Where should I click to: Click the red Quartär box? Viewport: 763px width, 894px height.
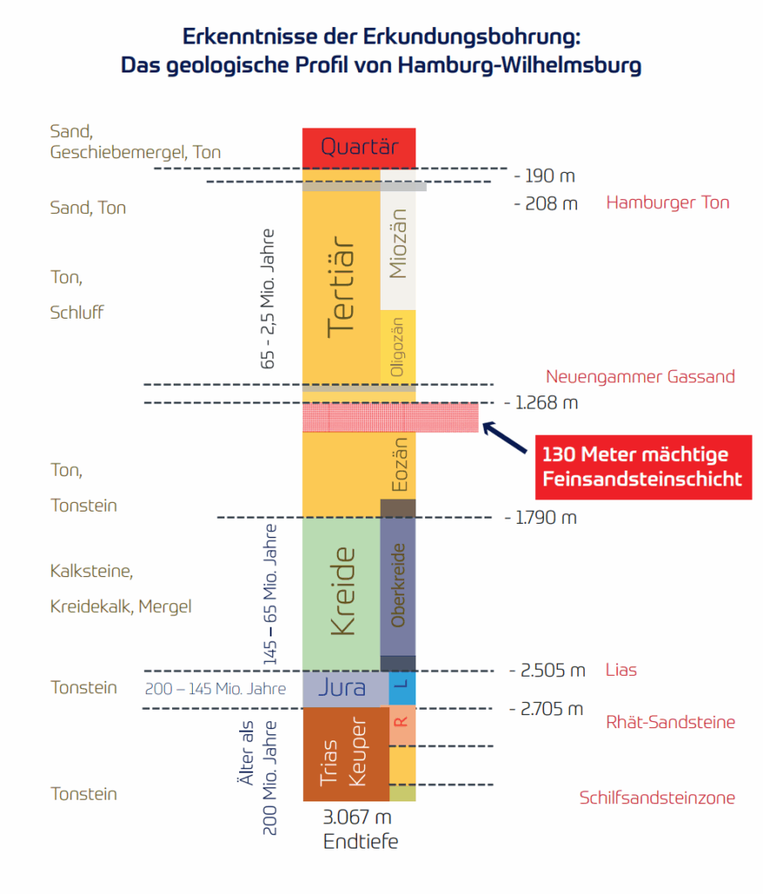(x=359, y=148)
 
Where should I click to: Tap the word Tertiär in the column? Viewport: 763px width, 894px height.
(x=340, y=287)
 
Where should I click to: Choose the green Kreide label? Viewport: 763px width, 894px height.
(x=340, y=592)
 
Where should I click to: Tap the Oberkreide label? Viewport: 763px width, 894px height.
(x=398, y=585)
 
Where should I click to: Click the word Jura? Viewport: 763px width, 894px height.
(x=340, y=688)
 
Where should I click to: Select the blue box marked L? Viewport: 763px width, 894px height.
(x=402, y=688)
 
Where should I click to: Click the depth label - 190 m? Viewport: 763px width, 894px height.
(x=545, y=175)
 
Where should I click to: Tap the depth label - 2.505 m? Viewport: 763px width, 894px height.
(x=547, y=670)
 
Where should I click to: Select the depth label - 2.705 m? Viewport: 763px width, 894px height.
(x=546, y=708)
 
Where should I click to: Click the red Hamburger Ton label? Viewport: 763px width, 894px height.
(x=668, y=203)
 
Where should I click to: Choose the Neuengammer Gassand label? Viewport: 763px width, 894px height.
(x=640, y=376)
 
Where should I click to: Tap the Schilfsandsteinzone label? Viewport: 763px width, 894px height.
(x=657, y=797)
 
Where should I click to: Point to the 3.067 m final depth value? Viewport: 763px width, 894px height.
(x=357, y=818)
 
